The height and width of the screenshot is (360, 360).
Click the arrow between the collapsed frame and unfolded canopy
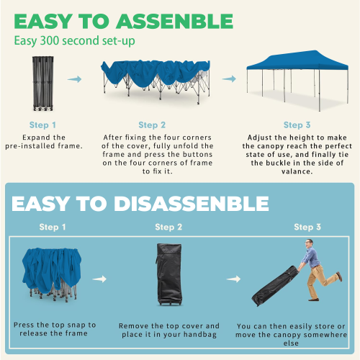tap(74, 80)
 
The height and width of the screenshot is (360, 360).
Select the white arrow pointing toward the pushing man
tap(232, 278)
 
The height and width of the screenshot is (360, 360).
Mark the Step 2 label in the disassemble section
tap(169, 228)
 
